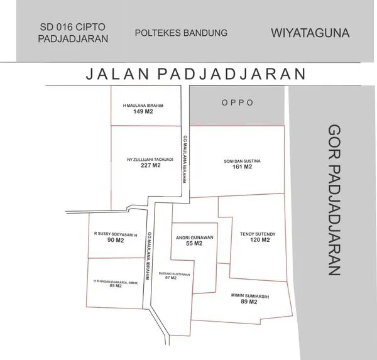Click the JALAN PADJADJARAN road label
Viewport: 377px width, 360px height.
tap(195, 74)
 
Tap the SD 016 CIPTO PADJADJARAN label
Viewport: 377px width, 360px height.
tap(73, 33)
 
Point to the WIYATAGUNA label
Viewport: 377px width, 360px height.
tap(310, 32)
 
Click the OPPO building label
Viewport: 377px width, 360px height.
tap(237, 102)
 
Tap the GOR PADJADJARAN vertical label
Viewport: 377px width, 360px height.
tap(334, 199)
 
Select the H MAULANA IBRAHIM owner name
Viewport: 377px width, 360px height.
tap(143, 106)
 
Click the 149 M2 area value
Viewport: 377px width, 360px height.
tap(143, 112)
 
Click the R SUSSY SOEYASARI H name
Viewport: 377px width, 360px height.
tap(115, 234)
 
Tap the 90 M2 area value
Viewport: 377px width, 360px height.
tap(115, 240)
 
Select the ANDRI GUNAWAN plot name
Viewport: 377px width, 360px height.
tap(194, 237)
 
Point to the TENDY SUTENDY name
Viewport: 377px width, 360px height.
tap(258, 234)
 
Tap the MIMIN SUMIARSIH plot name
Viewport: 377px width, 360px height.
tap(249, 296)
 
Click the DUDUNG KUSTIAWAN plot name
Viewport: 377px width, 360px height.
tap(174, 273)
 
